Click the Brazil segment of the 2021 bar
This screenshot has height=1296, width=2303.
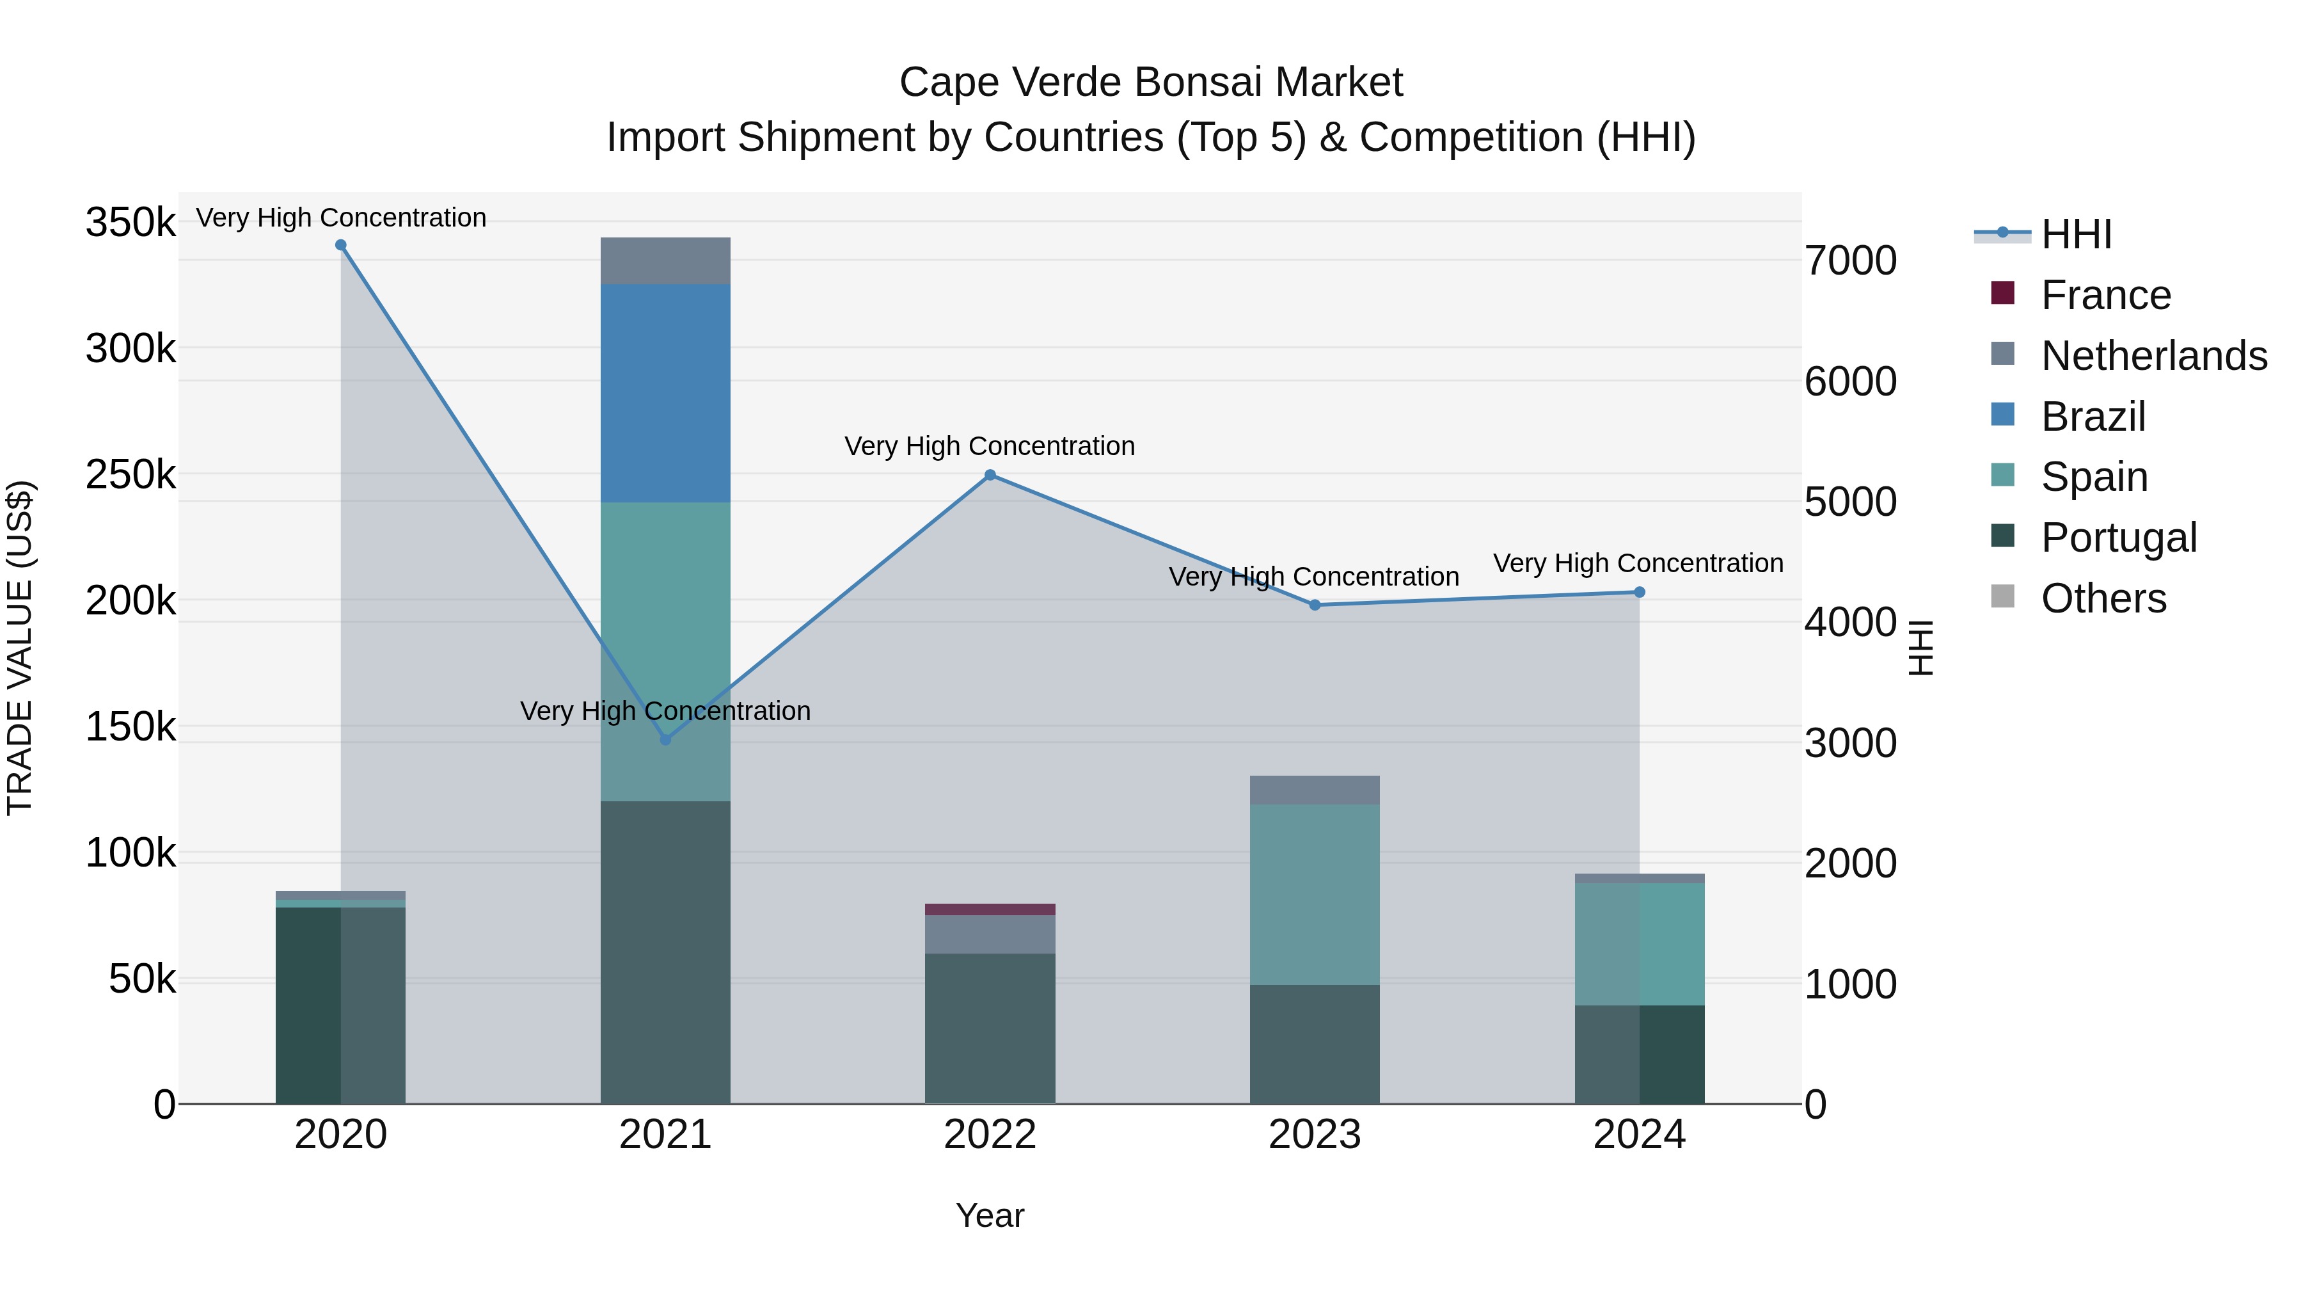[665, 394]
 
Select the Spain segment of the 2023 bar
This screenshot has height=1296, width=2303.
[1314, 895]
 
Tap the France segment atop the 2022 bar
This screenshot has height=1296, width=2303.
[990, 909]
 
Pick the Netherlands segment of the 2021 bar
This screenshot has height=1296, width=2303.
[665, 261]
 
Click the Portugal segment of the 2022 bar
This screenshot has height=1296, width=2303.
[990, 1028]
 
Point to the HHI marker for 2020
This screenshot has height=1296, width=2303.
[340, 245]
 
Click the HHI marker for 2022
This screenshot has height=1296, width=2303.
[990, 475]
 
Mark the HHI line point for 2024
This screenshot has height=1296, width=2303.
[1639, 592]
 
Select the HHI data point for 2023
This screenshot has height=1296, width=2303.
[1314, 605]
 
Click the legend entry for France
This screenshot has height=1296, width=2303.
[2105, 295]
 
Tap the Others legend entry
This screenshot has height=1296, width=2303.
[2103, 598]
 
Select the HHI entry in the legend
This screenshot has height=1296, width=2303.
[2076, 234]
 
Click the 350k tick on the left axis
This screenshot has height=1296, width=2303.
[131, 222]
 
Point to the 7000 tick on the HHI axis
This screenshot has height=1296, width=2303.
[1849, 261]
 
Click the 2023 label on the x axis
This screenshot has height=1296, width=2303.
[1314, 1135]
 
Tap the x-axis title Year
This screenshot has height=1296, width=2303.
[990, 1215]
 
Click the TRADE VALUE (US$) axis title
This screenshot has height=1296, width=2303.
[20, 648]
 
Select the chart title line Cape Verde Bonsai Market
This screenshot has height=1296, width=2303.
[1151, 83]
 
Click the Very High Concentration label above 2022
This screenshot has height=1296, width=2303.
[990, 446]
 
